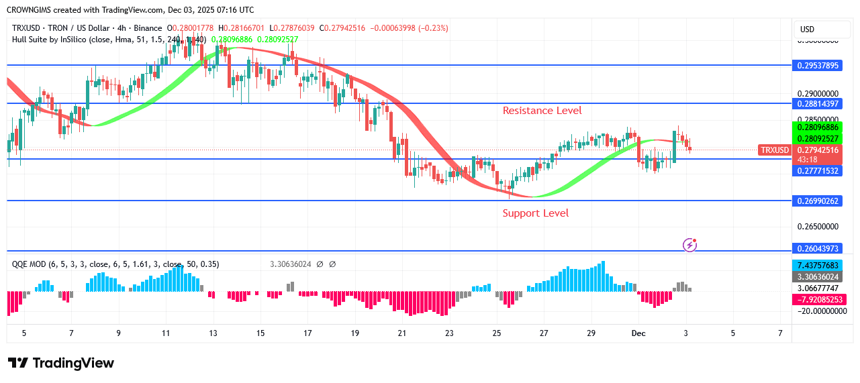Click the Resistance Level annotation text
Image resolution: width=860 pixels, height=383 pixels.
[x=542, y=111]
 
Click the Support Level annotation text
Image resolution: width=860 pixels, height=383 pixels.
[x=535, y=213]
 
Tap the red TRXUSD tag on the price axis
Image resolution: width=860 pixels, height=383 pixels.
[x=774, y=150]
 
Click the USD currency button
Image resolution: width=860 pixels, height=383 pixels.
[x=807, y=30]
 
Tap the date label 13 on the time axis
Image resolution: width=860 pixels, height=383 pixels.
[x=213, y=333]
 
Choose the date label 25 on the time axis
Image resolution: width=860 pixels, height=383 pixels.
[x=496, y=333]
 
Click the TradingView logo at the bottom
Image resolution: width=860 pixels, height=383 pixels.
[x=61, y=363]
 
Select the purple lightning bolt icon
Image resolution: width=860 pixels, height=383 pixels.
[x=689, y=245]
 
